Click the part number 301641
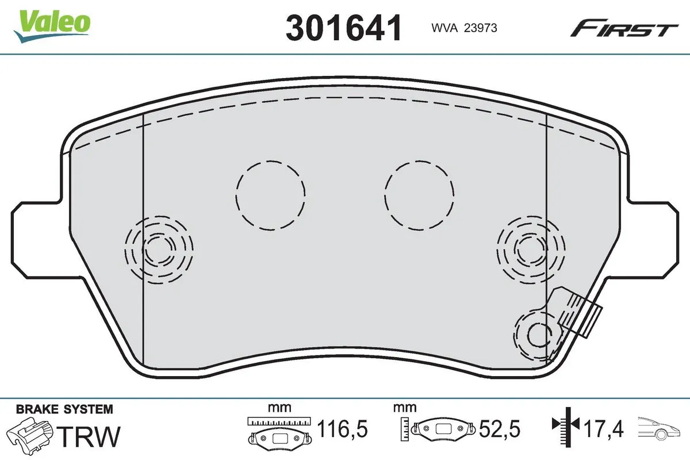coord(343,27)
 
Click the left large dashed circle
coord(270,195)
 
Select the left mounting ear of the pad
coord(34,237)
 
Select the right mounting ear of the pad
coord(655,237)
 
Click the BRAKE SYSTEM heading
coord(64,409)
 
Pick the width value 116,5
coord(342,429)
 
